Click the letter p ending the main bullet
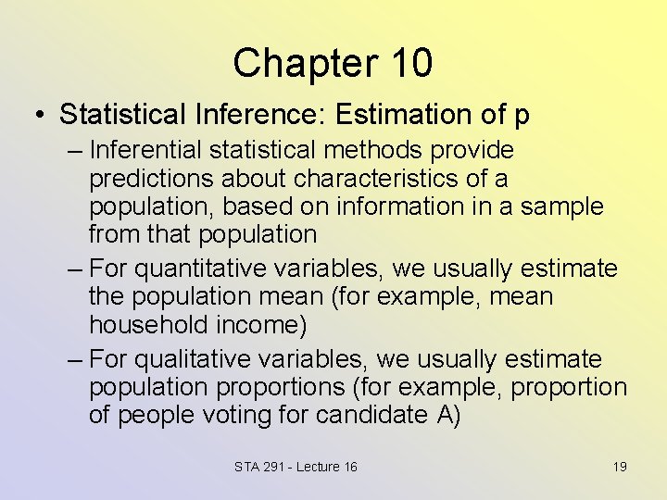point(522,117)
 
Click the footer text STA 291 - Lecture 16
point(296,467)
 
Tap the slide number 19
point(620,467)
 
